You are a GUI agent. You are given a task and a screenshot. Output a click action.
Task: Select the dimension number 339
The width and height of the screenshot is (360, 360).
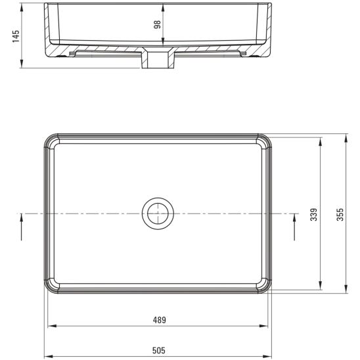coord(314,214)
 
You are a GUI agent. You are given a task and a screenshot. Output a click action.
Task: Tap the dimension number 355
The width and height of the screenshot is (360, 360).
coord(340,214)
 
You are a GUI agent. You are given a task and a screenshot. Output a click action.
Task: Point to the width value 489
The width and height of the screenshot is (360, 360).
coord(159,320)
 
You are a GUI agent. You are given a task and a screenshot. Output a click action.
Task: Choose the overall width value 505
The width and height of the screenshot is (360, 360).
coord(159,350)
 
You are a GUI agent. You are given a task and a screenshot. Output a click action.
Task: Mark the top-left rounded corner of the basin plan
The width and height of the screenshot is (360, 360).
coord(51,142)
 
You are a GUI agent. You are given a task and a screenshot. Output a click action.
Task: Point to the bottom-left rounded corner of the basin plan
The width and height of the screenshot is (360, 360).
coord(51,286)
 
